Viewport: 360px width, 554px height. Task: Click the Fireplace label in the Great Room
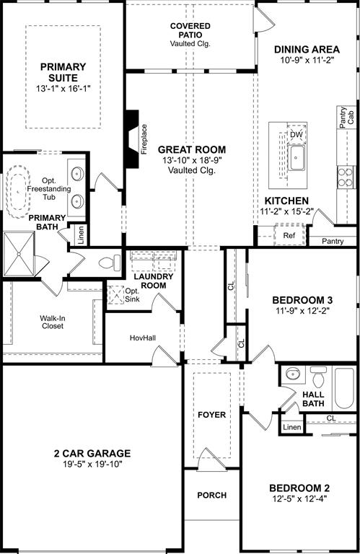(144, 140)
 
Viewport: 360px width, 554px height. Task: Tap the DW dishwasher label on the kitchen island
(296, 135)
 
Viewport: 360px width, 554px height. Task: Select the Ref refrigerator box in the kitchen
(289, 235)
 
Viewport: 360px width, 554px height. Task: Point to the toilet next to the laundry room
(110, 263)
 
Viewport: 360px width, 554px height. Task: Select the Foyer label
(211, 415)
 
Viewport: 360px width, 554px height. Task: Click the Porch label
(211, 496)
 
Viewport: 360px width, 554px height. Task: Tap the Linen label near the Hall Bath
(291, 428)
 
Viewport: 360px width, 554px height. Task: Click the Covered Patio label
(190, 34)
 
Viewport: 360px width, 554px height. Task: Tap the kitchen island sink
(296, 157)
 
